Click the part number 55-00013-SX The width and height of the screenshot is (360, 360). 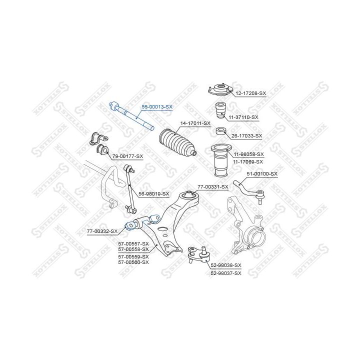(x=157, y=107)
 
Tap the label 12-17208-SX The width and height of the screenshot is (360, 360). (x=250, y=93)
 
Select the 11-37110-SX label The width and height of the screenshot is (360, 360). (x=243, y=117)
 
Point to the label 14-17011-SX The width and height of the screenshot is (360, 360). (x=195, y=123)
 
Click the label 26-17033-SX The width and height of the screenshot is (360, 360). (x=247, y=135)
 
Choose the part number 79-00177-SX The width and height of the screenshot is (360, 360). (x=127, y=156)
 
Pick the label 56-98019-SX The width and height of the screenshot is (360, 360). (x=154, y=194)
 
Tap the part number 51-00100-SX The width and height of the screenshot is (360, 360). (x=262, y=174)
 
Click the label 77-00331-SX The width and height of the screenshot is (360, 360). (x=213, y=187)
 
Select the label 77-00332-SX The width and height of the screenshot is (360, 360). (x=102, y=231)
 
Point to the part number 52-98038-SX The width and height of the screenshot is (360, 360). (x=226, y=265)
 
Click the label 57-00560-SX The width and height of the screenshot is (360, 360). (x=133, y=262)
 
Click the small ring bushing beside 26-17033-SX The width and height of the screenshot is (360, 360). (x=221, y=131)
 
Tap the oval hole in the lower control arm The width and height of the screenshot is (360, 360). (x=162, y=228)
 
